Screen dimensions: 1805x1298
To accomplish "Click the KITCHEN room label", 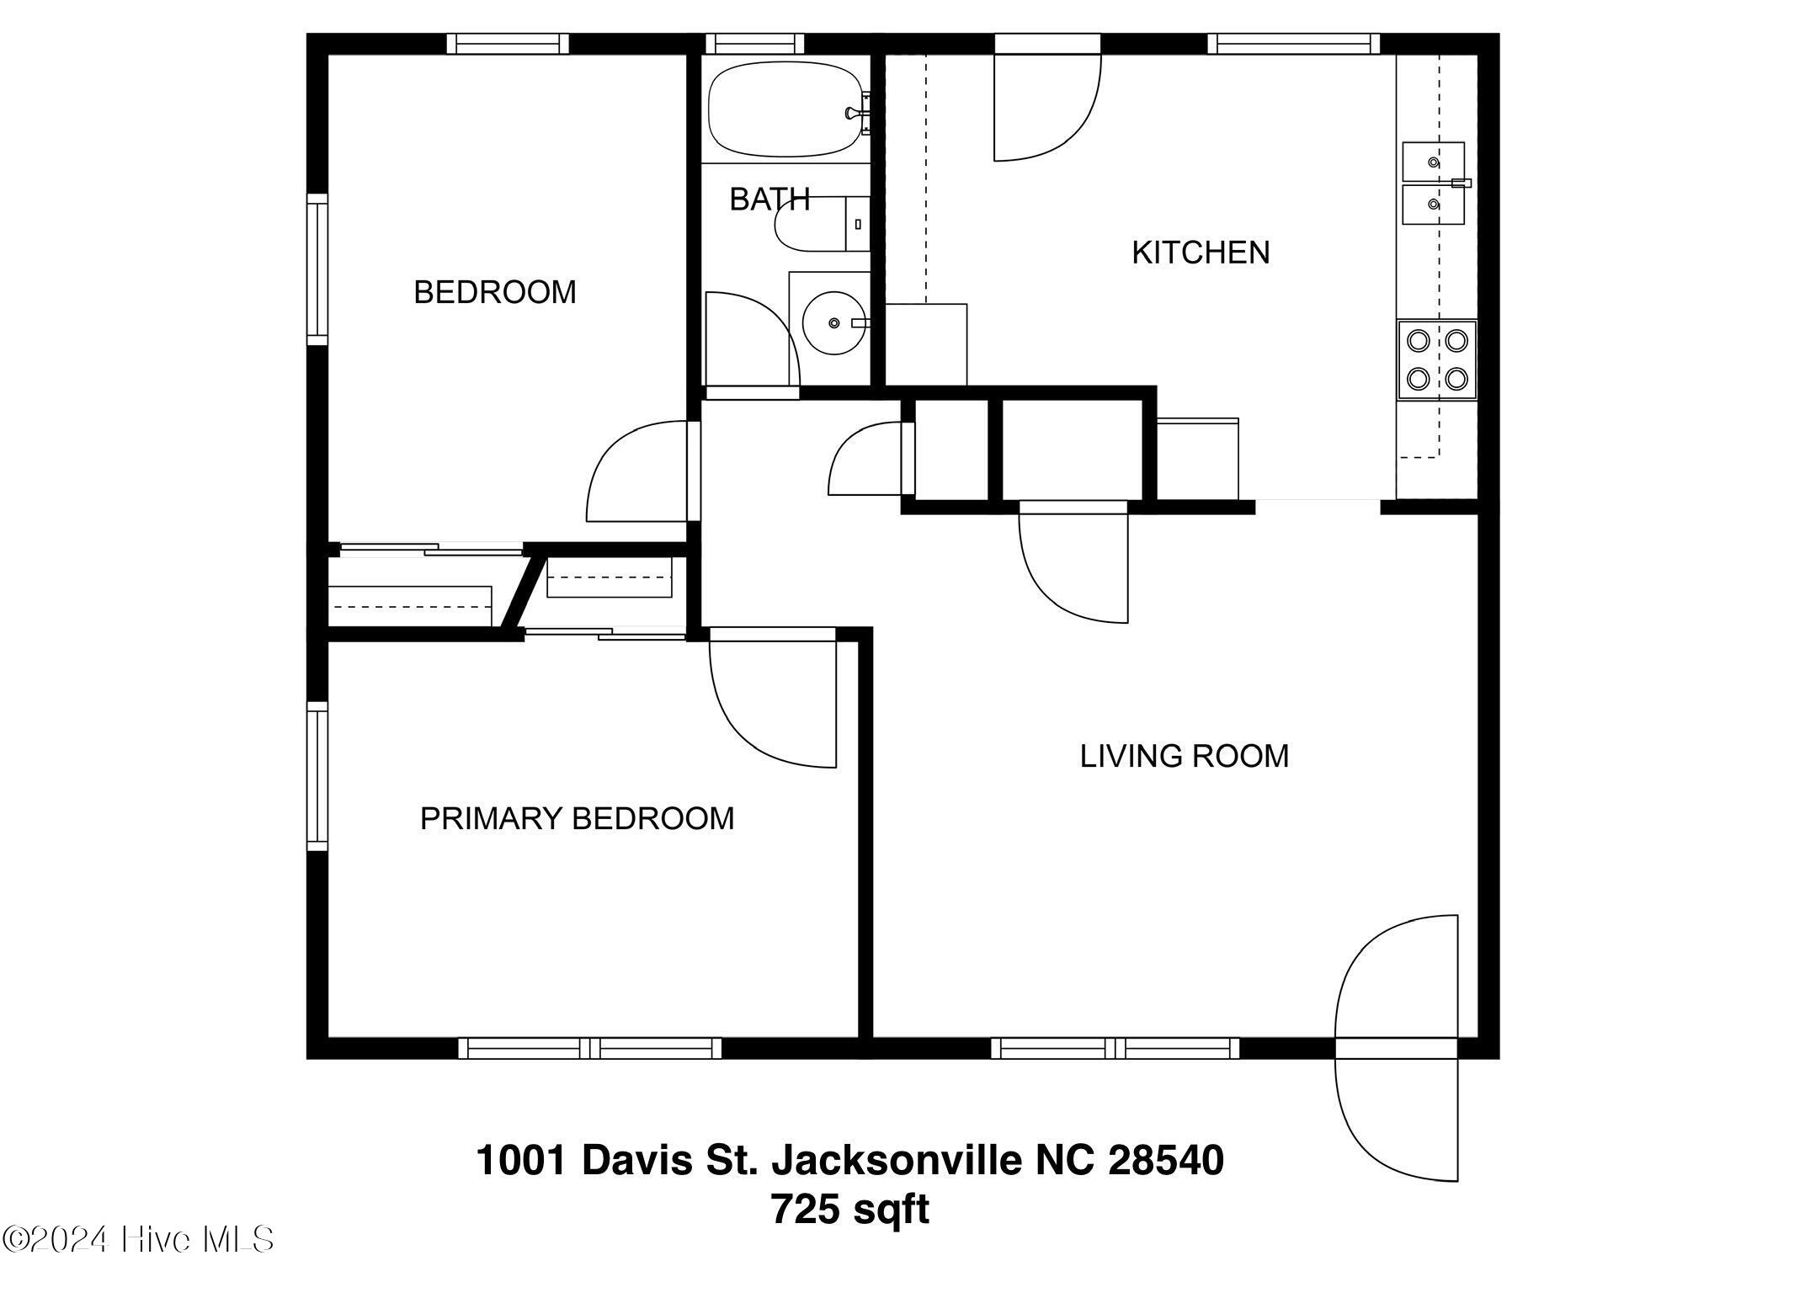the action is (1201, 253).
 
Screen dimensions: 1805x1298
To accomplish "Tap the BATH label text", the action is (769, 199).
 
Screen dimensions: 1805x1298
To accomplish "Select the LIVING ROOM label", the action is (1185, 756).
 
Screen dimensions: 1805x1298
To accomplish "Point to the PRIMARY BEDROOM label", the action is (577, 818).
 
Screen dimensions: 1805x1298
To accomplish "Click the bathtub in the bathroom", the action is (785, 109).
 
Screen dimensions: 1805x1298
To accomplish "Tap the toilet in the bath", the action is (822, 224).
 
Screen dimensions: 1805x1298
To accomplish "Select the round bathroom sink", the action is (833, 323).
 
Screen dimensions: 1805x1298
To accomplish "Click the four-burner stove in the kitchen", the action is (1437, 359).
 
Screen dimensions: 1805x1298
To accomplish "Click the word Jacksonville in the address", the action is (897, 1160).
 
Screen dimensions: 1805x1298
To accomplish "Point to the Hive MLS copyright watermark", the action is (139, 1239).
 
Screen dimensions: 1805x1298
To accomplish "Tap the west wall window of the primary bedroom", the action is (317, 775).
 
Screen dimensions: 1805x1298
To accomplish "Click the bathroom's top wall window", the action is (754, 43).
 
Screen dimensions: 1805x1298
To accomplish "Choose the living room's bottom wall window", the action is (1115, 1048).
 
